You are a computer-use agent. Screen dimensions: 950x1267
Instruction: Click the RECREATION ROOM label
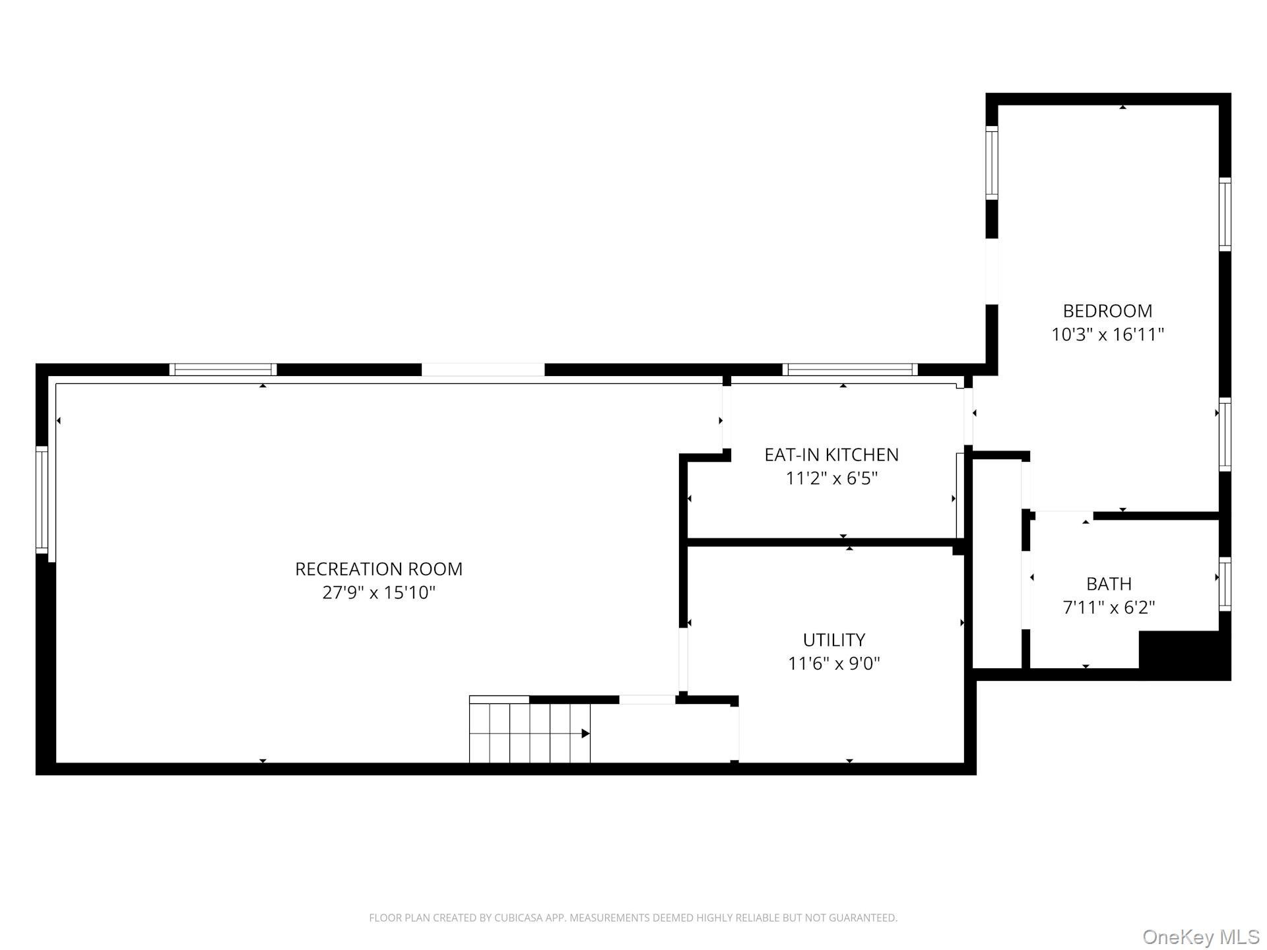point(378,569)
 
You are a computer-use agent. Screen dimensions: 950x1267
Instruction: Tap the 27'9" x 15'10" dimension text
point(378,592)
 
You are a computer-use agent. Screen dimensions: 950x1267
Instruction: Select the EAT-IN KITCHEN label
point(831,455)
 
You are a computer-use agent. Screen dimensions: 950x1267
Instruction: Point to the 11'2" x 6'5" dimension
point(831,478)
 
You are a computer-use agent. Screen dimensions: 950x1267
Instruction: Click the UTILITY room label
point(833,640)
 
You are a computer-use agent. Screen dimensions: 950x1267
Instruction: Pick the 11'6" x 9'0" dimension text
point(833,664)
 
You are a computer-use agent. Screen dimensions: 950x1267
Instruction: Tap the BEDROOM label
point(1107,311)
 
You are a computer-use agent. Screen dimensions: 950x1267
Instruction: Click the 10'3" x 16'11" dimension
point(1107,334)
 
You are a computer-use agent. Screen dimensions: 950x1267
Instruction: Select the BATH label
point(1109,584)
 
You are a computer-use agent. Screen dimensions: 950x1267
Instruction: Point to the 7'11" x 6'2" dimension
point(1109,608)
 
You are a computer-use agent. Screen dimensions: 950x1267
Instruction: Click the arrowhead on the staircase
point(585,734)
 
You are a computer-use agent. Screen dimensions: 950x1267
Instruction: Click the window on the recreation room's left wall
point(42,499)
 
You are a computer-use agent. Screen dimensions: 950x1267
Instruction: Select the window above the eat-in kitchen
point(850,369)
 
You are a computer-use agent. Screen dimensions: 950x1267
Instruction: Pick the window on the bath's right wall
point(1225,584)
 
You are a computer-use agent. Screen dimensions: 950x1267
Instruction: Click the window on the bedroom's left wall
point(991,162)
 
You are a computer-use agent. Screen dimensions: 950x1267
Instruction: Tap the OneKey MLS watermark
point(1200,937)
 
